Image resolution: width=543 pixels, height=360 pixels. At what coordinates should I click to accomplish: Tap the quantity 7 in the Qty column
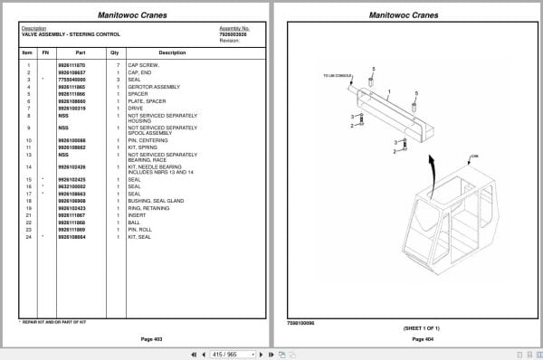[118, 65]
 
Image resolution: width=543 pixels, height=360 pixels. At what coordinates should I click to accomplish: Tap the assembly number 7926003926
[233, 33]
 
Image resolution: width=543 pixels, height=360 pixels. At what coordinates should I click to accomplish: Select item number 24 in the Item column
[28, 236]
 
